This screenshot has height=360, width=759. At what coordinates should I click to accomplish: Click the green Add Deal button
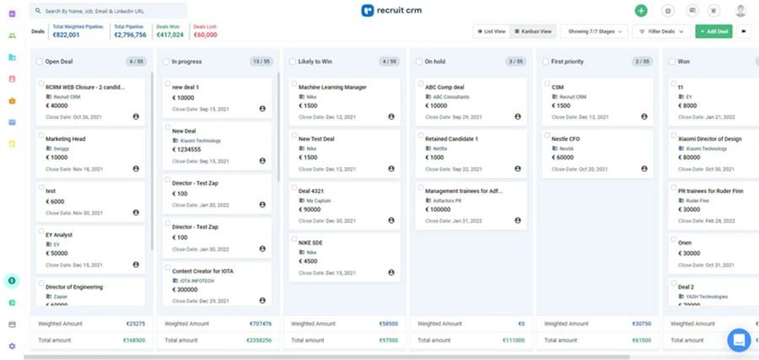tap(713, 31)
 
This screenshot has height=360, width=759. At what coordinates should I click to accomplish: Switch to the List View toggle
tap(492, 31)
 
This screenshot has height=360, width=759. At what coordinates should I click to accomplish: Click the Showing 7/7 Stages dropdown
tap(594, 31)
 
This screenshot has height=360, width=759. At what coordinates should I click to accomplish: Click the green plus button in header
tap(641, 11)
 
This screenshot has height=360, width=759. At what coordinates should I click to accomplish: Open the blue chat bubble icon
tap(739, 340)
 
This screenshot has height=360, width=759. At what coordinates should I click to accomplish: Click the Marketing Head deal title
tap(66, 139)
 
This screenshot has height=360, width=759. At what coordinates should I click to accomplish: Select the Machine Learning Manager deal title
tap(332, 87)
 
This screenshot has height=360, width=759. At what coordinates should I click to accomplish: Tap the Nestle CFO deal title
tap(566, 139)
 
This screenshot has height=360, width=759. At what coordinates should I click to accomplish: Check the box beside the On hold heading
tap(418, 62)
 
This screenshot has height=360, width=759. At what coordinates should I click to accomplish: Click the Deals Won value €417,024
tap(171, 35)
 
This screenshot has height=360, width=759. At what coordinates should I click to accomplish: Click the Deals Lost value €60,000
tap(205, 35)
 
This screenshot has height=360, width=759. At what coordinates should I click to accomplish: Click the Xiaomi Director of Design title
tap(709, 139)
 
